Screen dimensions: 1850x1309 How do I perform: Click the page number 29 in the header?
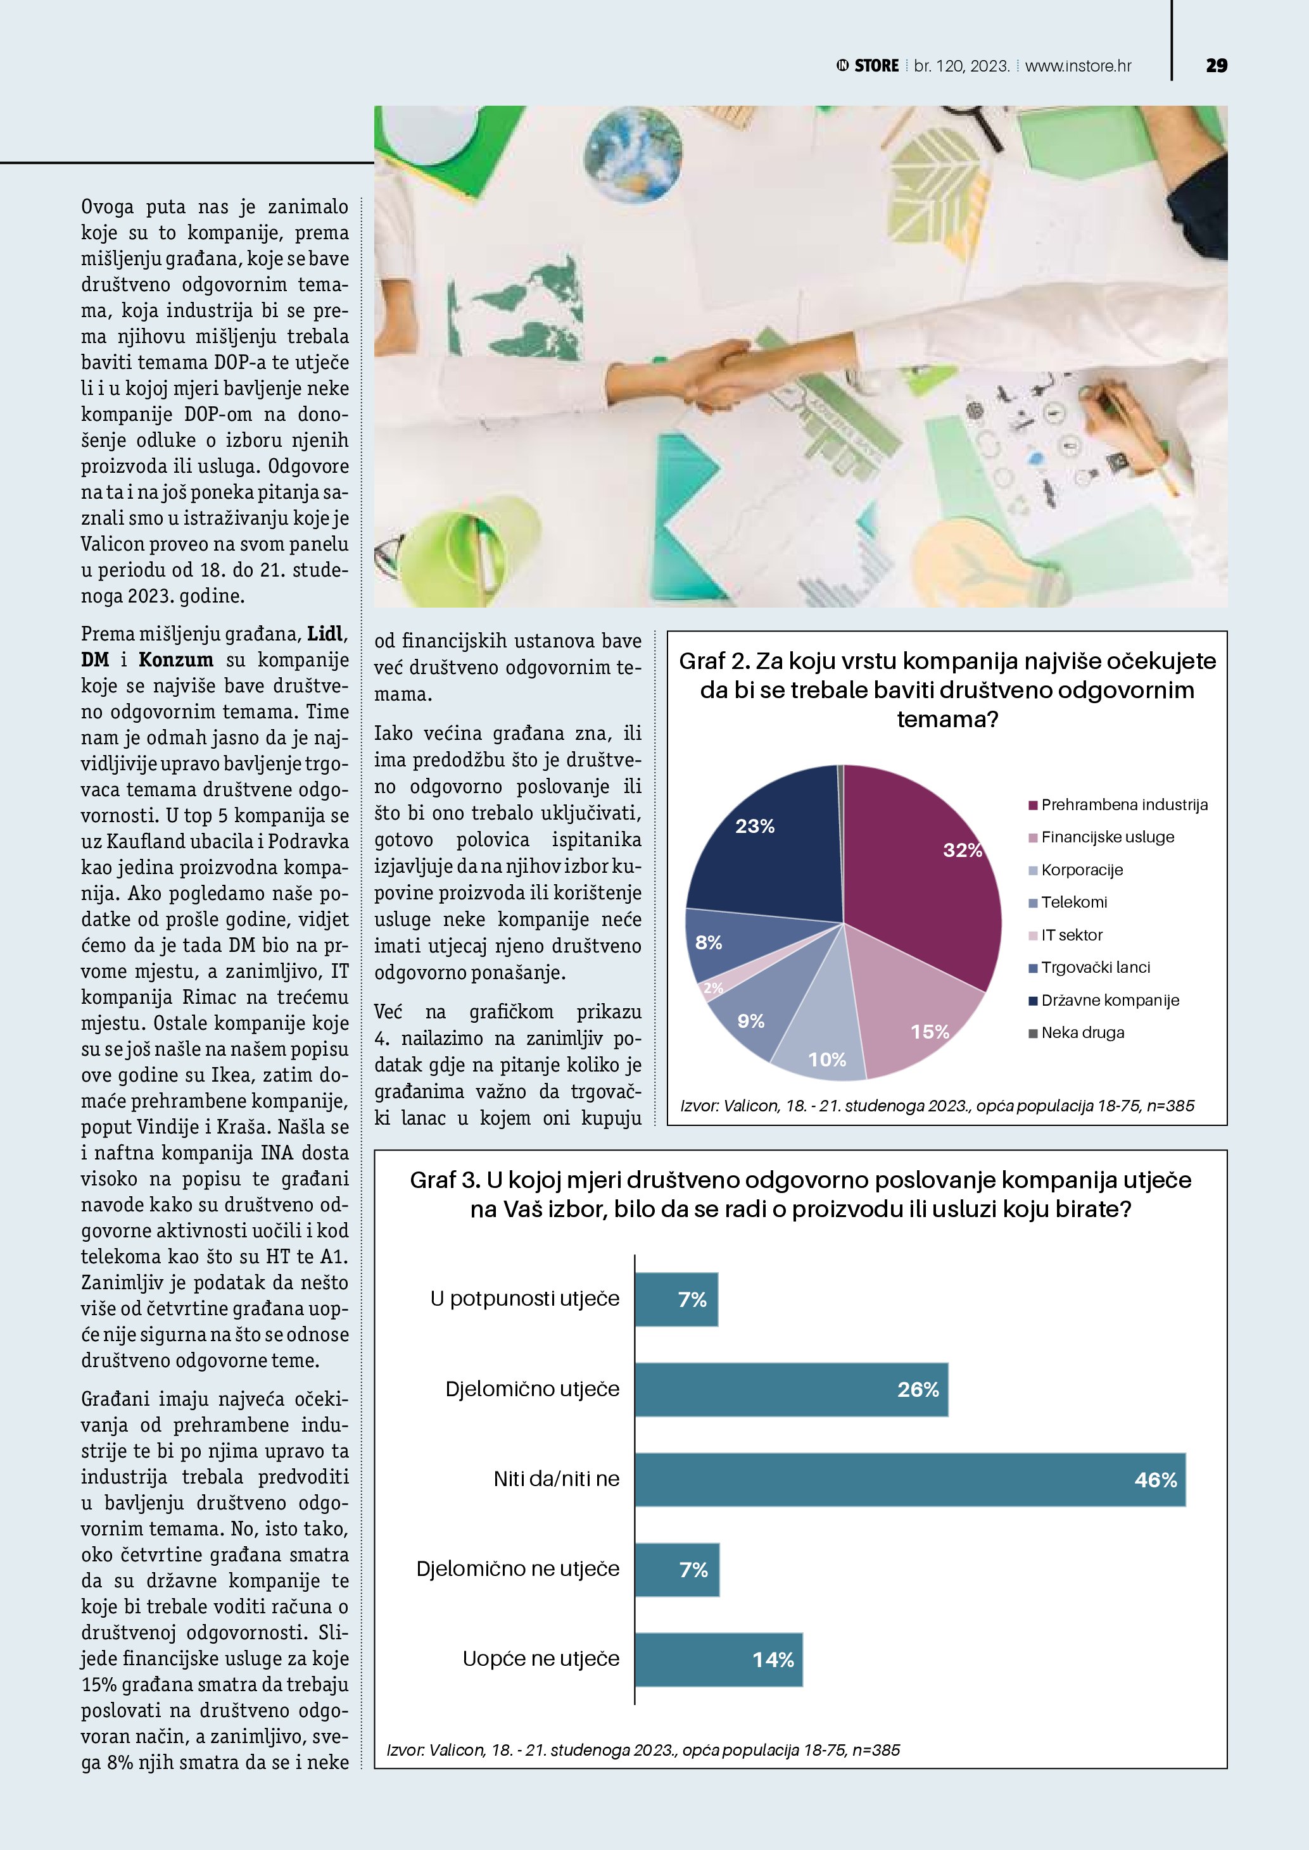point(1217,66)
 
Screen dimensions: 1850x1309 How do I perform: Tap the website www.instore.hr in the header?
point(1078,66)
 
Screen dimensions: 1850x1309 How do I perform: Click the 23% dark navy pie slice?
point(766,846)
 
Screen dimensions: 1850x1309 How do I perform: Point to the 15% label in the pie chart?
point(930,1032)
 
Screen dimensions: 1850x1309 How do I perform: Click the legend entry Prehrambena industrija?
point(1123,805)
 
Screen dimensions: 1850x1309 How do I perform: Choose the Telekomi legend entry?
point(1073,903)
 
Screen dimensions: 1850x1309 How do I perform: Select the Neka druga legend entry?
point(1082,1033)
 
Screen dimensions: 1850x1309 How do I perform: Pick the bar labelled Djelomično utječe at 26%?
point(790,1389)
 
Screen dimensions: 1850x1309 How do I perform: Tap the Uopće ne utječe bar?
point(718,1660)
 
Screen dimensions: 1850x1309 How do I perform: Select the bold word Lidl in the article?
point(326,634)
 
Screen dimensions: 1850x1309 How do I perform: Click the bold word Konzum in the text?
point(175,660)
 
